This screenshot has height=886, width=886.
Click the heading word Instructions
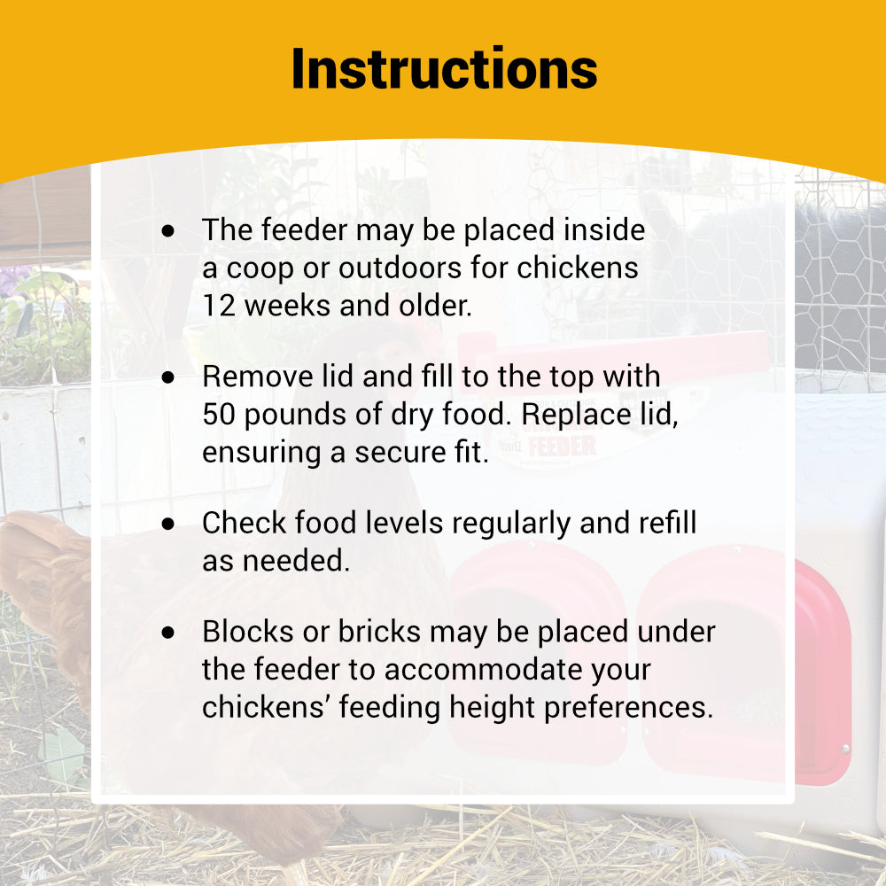pyautogui.click(x=444, y=69)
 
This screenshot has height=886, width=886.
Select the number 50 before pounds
pyautogui.click(x=217, y=415)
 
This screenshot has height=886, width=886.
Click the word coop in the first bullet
pyautogui.click(x=260, y=268)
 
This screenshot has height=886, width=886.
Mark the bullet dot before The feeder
pyautogui.click(x=168, y=231)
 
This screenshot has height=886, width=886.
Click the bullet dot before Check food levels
pyautogui.click(x=168, y=524)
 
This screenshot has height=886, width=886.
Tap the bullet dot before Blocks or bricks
pyautogui.click(x=168, y=633)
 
